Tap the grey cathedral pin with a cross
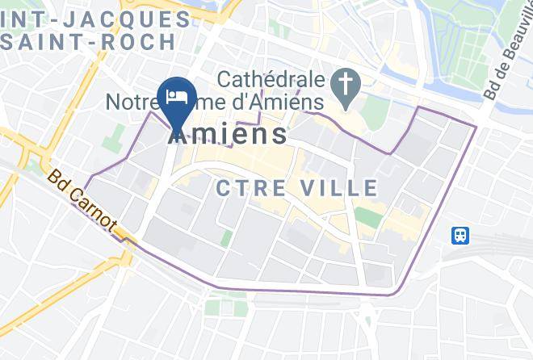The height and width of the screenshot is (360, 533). [x=345, y=84]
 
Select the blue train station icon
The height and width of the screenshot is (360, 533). [x=460, y=235]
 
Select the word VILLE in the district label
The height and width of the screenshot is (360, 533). [x=338, y=189]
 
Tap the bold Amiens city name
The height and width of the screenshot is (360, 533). [x=228, y=133]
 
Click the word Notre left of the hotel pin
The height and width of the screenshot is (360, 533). [x=135, y=103]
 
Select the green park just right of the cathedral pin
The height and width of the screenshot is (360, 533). [x=376, y=113]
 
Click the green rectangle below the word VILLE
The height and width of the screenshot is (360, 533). [x=367, y=216]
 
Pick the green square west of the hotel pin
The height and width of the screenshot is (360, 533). [x=114, y=136]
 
